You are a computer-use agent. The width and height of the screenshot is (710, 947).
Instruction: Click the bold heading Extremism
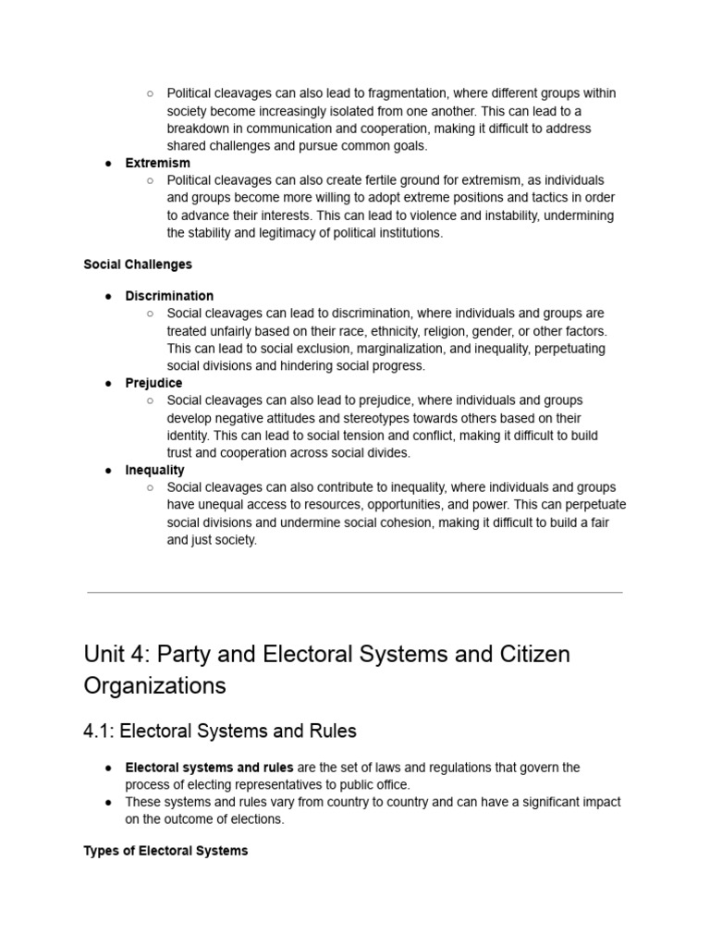(158, 163)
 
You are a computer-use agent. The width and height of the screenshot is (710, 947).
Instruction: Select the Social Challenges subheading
(138, 264)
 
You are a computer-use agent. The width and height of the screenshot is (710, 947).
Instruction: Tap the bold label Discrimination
(169, 296)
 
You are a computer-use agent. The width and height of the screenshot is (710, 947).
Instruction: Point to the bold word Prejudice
(153, 383)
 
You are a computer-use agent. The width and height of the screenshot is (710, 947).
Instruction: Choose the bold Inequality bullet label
(155, 470)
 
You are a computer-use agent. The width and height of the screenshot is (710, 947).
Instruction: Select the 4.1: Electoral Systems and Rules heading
(220, 731)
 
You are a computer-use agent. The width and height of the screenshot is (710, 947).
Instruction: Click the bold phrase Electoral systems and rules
(209, 768)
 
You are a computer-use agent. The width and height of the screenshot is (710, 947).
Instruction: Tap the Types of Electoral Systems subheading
(165, 851)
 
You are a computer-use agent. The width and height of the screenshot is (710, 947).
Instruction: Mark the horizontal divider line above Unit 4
(355, 592)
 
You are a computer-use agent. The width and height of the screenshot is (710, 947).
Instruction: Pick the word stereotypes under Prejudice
(370, 418)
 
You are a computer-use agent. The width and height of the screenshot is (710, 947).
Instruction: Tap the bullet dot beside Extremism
(108, 163)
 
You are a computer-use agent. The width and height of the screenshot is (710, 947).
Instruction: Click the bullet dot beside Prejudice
(108, 383)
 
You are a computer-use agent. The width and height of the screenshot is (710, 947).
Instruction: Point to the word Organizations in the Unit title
(154, 685)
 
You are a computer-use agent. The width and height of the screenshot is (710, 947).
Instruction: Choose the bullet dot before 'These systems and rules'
(108, 802)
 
